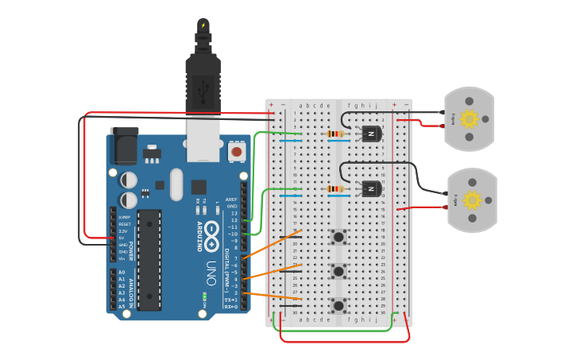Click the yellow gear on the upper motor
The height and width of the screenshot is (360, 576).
(x=469, y=119)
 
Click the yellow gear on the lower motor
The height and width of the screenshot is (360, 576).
(x=472, y=199)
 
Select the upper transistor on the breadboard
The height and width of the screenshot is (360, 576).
(x=371, y=134)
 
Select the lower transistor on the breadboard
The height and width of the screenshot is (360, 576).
(x=371, y=189)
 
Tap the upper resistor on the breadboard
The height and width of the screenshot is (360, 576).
(x=337, y=134)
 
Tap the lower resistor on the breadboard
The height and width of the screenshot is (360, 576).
(x=337, y=189)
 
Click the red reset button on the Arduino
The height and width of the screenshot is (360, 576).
(x=236, y=151)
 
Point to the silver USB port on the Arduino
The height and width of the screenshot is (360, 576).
(x=203, y=139)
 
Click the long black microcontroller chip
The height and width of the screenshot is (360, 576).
(x=149, y=259)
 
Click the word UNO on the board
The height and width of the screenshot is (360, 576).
(x=211, y=273)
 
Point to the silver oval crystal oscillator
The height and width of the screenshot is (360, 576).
(x=176, y=184)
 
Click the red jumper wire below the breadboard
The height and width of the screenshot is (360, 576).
(x=346, y=341)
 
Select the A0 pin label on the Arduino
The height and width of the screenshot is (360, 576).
(x=122, y=273)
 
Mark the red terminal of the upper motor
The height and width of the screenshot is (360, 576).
(x=442, y=125)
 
